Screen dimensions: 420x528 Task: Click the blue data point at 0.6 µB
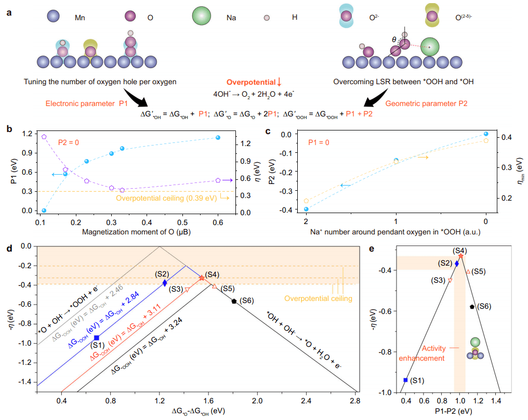pyautogui.click(x=218, y=137)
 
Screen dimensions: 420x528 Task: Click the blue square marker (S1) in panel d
pyautogui.click(x=97, y=338)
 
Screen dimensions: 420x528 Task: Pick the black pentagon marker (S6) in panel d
pyautogui.click(x=235, y=300)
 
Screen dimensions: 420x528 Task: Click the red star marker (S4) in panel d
pyautogui.click(x=202, y=278)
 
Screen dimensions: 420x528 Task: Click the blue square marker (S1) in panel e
pyautogui.click(x=405, y=380)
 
